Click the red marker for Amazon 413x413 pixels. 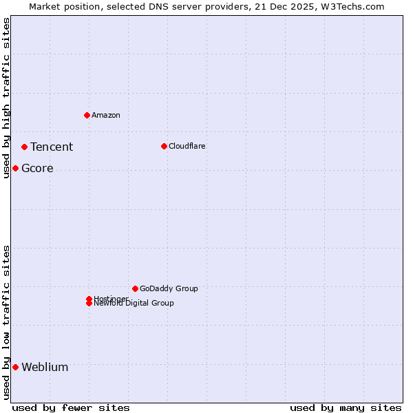coord(87,115)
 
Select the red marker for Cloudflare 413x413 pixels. coord(164,146)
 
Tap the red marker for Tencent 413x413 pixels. coord(24,147)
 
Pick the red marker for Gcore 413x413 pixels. coord(15,168)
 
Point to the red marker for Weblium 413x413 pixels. coord(15,367)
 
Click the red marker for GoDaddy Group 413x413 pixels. coord(135,288)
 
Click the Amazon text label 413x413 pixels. coord(106,115)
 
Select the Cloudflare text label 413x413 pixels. coord(187,146)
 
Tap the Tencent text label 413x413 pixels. coord(52,147)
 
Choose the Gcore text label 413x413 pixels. coord(37,169)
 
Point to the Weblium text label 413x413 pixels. coord(45,367)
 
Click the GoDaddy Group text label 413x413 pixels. coord(169,288)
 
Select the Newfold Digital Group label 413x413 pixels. coord(134,304)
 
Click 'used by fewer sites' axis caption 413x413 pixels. coord(71,407)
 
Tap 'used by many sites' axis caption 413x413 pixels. coord(346,407)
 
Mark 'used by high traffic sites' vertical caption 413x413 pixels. coord(7,98)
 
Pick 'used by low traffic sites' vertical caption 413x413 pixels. coord(7,322)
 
